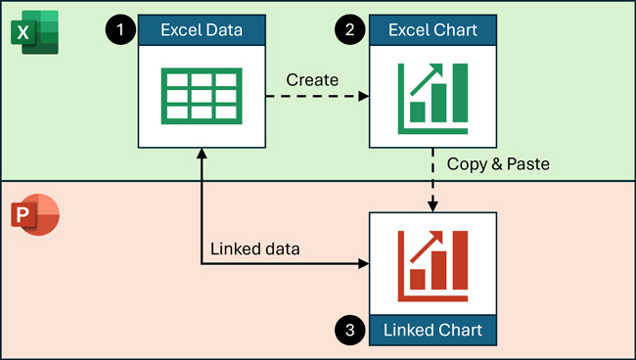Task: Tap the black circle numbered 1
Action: click(120, 30)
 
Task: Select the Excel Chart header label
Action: click(432, 29)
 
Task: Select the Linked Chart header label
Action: click(432, 330)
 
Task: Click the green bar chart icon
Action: click(432, 97)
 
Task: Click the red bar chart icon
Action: click(432, 261)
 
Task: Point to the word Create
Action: click(312, 77)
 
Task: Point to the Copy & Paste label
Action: click(498, 163)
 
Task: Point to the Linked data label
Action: click(254, 248)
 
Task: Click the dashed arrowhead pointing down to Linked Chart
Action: click(432, 203)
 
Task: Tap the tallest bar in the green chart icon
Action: click(462, 99)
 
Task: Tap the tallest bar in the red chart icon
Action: click(462, 263)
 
